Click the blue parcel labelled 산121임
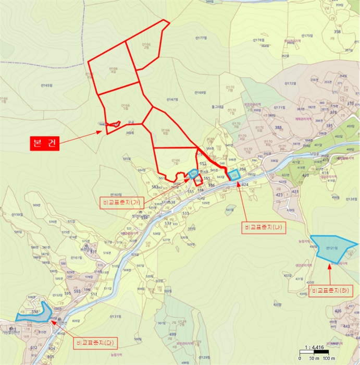coord(330,249)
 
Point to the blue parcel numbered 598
coord(34,312)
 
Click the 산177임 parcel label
coord(201,39)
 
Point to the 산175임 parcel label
coord(303,35)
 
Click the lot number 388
coord(278,127)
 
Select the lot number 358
coord(337,32)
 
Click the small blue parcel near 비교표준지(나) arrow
coord(234,175)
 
